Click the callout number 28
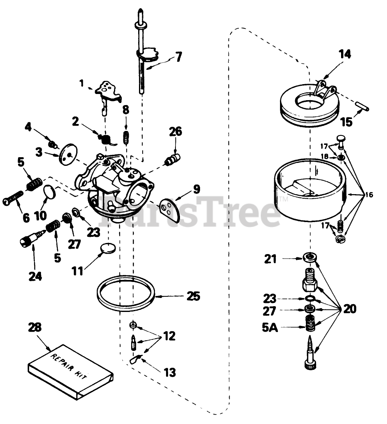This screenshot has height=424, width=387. point(35,327)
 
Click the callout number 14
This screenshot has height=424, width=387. point(345,55)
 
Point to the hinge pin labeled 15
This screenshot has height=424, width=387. point(359,106)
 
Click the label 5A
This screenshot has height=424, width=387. point(271,328)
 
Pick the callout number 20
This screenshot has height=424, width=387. point(349,309)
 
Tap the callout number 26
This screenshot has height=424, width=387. point(175,131)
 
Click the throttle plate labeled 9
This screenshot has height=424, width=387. point(169,208)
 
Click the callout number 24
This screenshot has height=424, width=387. point(35,277)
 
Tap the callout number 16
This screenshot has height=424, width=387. point(369,195)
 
